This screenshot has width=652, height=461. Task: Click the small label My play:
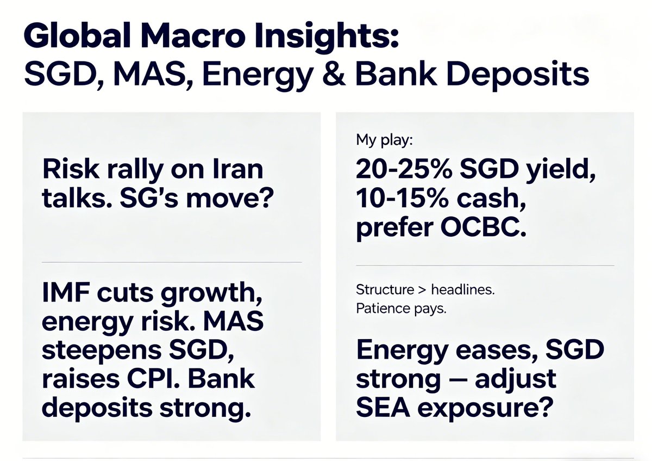[385, 140]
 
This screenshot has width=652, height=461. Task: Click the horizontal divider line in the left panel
[171, 262]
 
